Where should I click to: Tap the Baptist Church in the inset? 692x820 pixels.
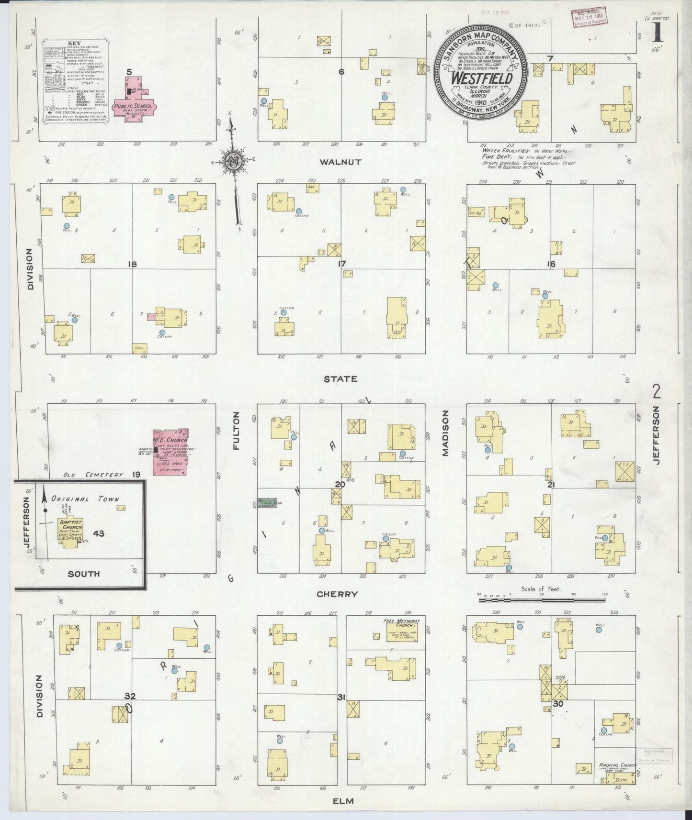coord(71,531)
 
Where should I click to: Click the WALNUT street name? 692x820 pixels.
coord(340,162)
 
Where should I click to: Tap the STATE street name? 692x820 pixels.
coord(340,379)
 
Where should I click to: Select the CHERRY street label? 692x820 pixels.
coord(337,594)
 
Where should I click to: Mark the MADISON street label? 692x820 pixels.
coord(445,433)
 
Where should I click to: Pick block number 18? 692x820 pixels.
coord(133,264)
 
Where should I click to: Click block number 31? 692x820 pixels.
coord(341,697)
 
